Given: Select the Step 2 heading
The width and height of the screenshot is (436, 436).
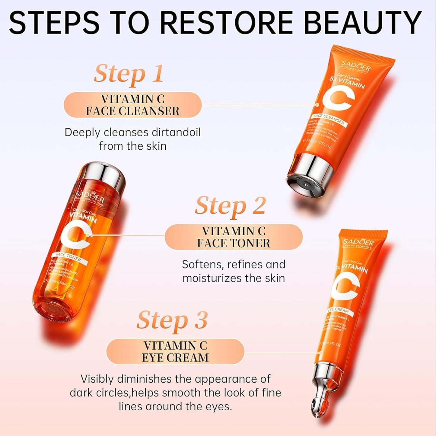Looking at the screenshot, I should tap(230, 206).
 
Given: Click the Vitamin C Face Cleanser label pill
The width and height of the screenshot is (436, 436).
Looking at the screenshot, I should tap(132, 105).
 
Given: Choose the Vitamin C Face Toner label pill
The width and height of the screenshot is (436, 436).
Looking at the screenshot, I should tap(233, 237).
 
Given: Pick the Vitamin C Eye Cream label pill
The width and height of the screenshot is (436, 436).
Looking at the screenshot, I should tap(175, 352).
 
